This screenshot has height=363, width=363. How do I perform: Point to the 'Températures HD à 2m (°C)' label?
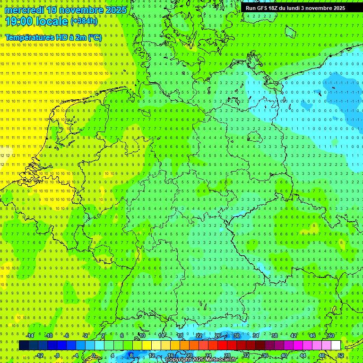(53, 37)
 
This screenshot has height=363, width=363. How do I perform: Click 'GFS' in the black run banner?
(265, 8)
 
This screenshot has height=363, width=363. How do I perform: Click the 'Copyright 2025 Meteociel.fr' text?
(201, 360)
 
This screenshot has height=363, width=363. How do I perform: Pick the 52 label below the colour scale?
(341, 355)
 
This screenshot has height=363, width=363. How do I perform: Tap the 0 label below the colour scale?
(94, 355)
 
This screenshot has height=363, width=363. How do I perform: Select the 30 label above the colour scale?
(236, 336)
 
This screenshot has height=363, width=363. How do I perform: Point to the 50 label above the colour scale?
(331, 336)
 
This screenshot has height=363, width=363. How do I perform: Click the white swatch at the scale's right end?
(336, 346)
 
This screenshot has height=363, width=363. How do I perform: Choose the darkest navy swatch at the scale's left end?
(24, 346)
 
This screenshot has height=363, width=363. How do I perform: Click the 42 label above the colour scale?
(293, 336)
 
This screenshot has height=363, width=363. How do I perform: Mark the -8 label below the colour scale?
(57, 355)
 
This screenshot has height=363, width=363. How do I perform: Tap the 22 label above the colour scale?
(199, 336)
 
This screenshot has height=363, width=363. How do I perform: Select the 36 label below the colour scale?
(265, 355)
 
